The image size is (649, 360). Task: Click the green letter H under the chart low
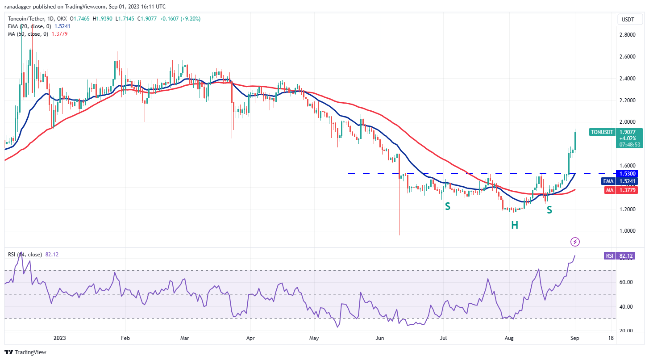515,225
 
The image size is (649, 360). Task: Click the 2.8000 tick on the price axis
627,35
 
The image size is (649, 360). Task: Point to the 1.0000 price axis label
627,231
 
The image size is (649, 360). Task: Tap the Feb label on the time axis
125,339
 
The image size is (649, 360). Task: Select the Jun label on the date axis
379,339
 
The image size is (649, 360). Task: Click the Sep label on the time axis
575,339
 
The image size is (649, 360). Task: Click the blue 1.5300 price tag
627,173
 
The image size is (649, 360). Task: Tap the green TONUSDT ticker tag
602,132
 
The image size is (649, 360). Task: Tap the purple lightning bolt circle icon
575,242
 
